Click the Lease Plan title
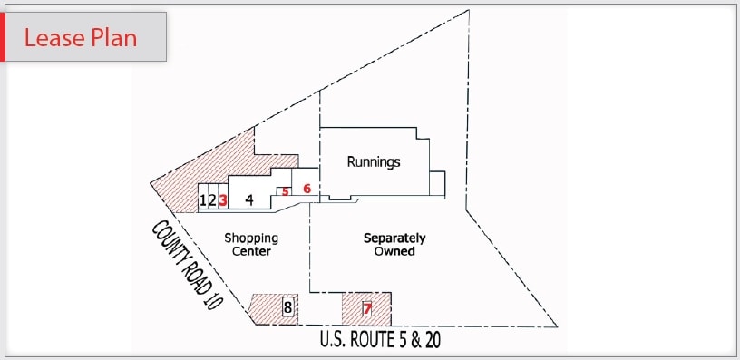coord(81,38)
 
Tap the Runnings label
coord(374,162)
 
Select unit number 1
coord(203,200)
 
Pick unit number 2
coord(212,200)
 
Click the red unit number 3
coord(222,200)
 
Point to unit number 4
coord(248,200)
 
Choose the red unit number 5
coord(285,191)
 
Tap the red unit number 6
coord(307,189)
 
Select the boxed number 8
coord(287,307)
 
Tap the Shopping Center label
coord(251,245)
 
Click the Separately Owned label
coord(394,245)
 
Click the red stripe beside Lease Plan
coord(3,37)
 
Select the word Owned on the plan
coord(394,251)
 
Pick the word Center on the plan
coord(251,251)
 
